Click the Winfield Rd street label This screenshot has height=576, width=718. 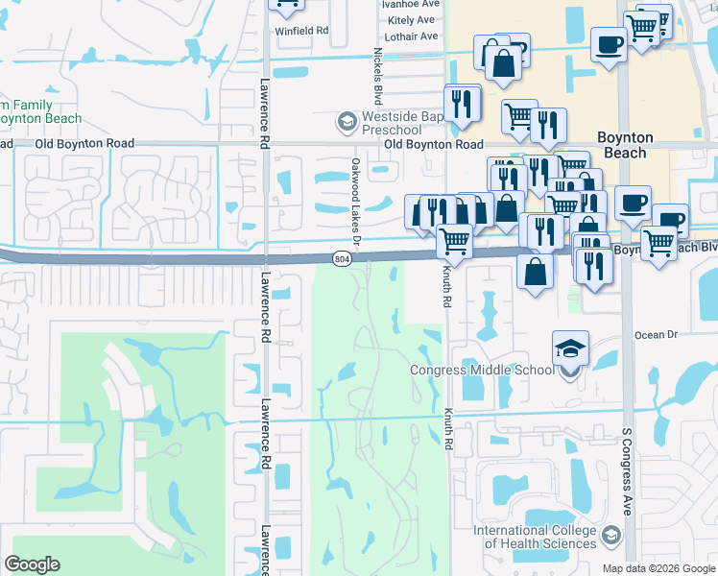coord(301,31)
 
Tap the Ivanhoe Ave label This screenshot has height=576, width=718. coord(409,4)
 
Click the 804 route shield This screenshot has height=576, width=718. coord(342,259)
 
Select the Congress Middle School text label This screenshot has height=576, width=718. coord(482,371)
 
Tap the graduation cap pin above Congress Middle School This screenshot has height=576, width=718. coord(570,348)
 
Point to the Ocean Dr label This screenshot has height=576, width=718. coord(657,335)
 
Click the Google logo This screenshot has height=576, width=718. coord(33,564)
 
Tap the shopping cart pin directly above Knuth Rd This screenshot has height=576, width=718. coord(454,242)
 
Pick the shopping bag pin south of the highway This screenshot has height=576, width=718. coord(536,271)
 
